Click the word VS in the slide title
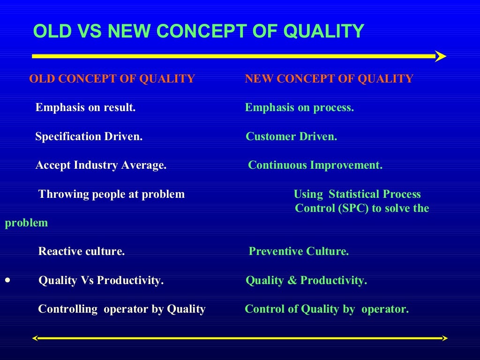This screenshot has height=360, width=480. [x=89, y=31]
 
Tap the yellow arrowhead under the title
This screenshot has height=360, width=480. [x=440, y=56]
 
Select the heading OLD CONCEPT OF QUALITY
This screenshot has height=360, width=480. [x=112, y=79]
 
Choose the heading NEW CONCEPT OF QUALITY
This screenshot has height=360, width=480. [x=329, y=79]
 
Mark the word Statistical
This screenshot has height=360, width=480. [x=354, y=194]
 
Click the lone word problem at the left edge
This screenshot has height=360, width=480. [x=26, y=223]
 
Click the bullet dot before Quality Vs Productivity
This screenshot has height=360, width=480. [x=7, y=280]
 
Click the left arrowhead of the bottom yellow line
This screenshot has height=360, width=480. [x=35, y=338]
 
